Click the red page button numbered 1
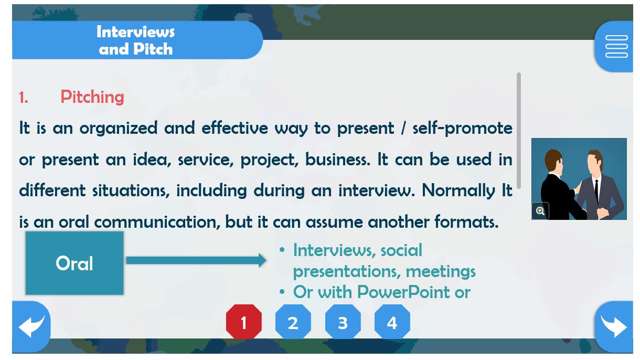[244, 322]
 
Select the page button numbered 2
[293, 322]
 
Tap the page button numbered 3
[343, 322]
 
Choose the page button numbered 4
[392, 322]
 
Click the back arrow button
[31, 326]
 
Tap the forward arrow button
[614, 326]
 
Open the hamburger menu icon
[616, 46]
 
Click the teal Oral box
[74, 263]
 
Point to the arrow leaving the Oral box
[196, 260]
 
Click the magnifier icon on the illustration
[540, 211]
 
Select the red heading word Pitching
[92, 97]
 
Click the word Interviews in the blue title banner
[135, 31]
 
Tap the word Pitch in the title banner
[153, 49]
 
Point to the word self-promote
[463, 128]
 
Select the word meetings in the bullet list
[441, 271]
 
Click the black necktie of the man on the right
[596, 191]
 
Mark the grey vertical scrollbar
[519, 131]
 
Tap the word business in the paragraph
[338, 160]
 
